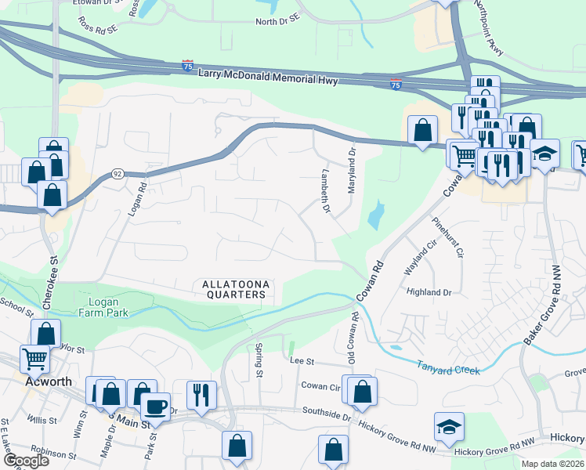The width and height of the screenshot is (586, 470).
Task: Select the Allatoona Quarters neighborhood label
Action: point(235,289)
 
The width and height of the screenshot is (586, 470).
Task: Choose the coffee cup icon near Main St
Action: point(155,407)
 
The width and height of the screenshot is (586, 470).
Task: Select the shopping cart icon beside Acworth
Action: point(35,360)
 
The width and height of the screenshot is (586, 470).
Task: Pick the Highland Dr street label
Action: point(429,292)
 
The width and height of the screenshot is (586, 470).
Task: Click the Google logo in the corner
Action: point(25,461)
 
